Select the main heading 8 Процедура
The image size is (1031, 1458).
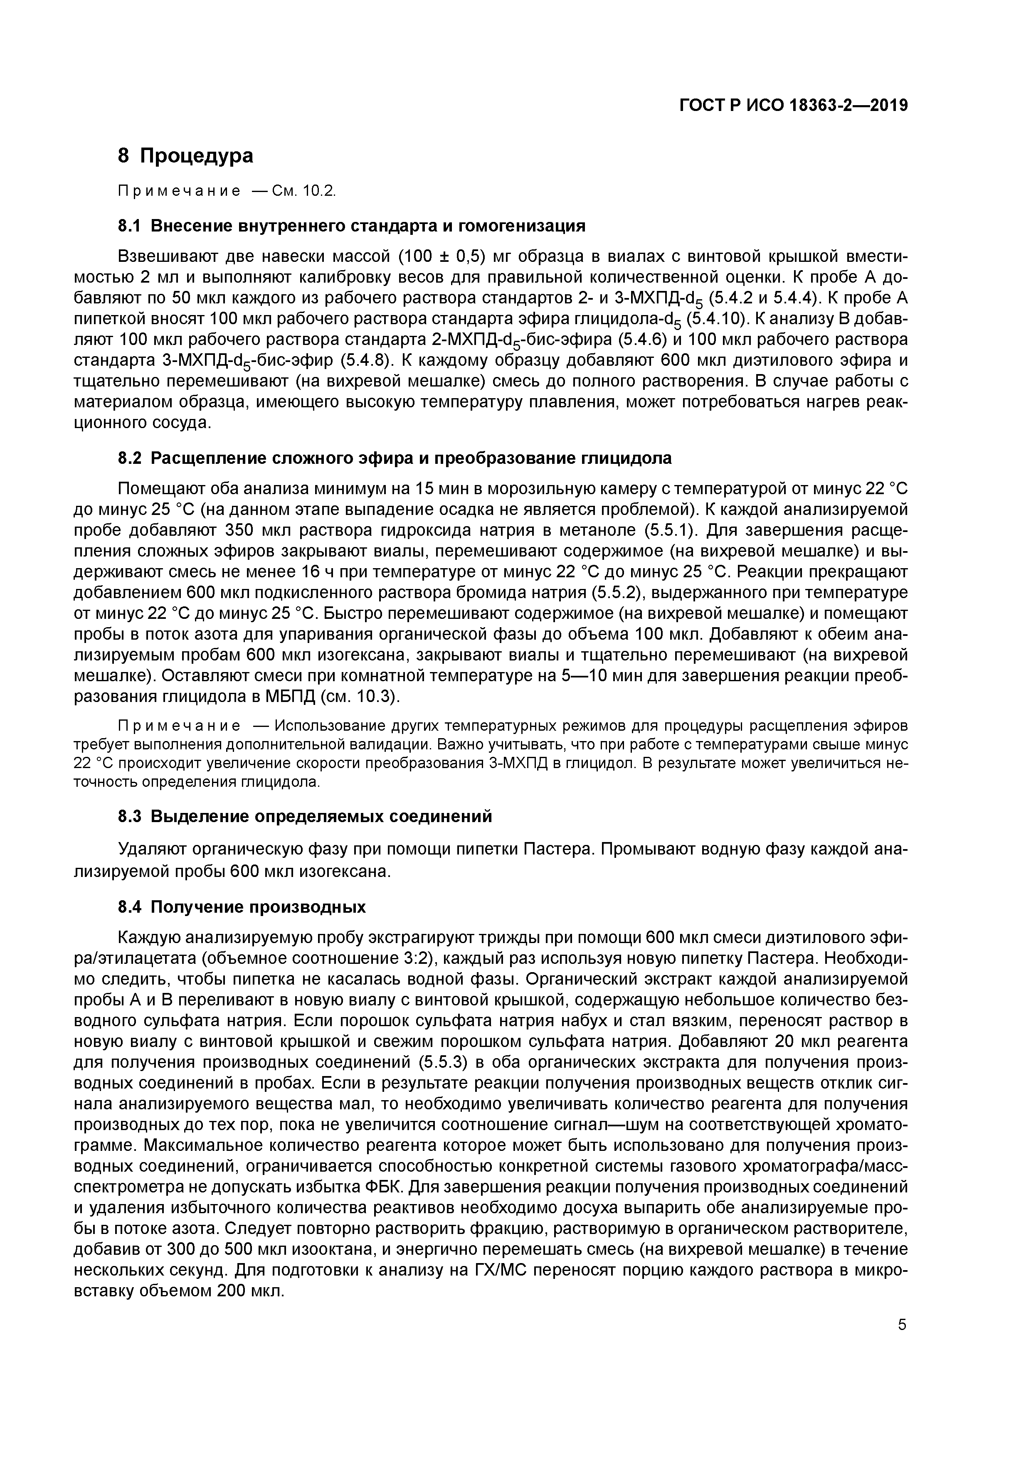185,155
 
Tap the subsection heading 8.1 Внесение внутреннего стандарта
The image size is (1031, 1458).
351,226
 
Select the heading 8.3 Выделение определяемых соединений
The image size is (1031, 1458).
305,817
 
